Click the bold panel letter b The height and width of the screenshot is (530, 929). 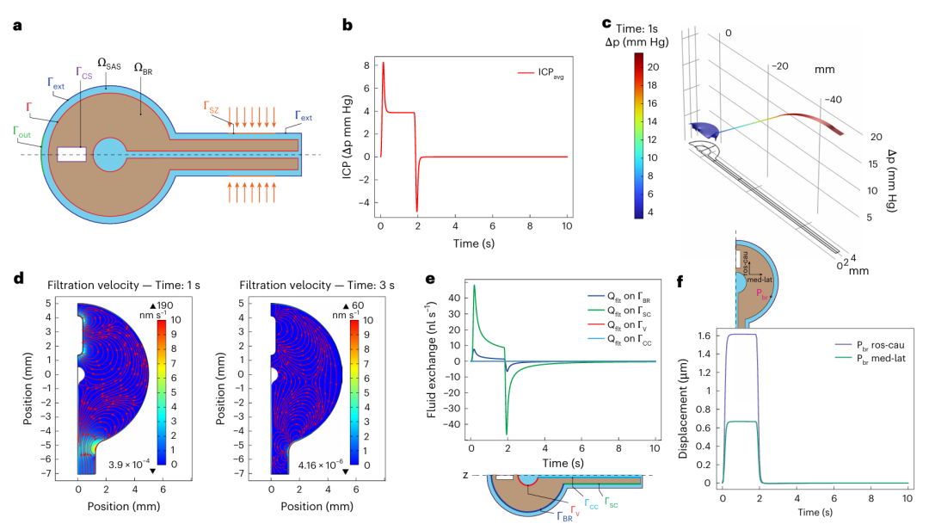click(x=348, y=25)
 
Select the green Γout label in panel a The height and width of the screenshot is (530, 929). click(x=24, y=132)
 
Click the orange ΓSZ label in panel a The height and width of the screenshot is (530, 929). click(x=212, y=107)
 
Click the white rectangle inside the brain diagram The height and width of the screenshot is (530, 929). click(x=71, y=156)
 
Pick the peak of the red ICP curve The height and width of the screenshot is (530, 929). click(x=384, y=63)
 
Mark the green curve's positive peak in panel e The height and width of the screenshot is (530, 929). click(x=475, y=286)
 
